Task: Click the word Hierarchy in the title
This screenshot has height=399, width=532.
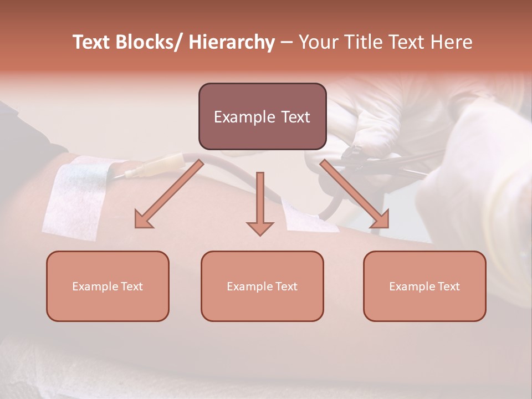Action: click(232, 42)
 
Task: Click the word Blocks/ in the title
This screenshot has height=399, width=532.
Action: click(150, 42)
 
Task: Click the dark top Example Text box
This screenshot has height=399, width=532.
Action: click(262, 117)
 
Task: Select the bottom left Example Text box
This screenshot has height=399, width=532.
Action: click(108, 287)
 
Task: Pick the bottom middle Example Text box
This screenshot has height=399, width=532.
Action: click(262, 287)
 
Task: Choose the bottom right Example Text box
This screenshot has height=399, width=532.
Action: click(424, 287)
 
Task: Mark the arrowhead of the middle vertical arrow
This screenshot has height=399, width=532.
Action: click(260, 227)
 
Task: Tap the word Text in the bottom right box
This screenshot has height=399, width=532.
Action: click(448, 287)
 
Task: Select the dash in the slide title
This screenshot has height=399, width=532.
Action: click(287, 42)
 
